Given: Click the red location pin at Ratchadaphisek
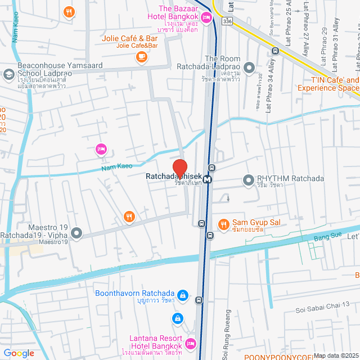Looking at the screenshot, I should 180,168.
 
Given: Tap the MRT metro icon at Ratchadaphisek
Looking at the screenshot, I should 208,180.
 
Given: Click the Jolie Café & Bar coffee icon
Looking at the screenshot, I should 141,56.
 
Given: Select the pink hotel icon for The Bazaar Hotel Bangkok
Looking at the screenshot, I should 206,18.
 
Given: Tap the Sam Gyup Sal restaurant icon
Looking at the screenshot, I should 223,224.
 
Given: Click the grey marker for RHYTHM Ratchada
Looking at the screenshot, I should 248,179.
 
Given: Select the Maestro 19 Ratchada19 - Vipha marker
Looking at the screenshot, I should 77,232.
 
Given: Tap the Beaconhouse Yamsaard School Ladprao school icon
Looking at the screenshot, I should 8,74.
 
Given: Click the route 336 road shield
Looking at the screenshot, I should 226,21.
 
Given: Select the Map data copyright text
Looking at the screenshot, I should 335,355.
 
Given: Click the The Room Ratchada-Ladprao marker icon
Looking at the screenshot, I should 250,68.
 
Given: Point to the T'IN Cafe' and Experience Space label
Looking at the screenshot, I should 328,84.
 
